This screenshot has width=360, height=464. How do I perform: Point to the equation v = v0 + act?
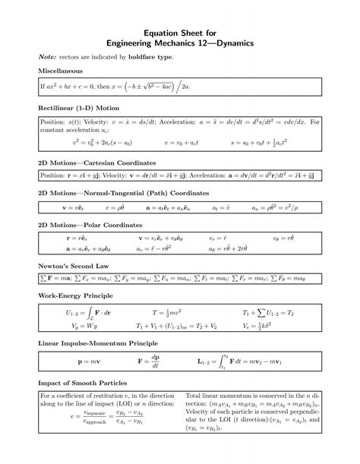(x=182, y=142)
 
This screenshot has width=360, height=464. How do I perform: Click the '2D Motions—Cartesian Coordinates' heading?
(x=97, y=163)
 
